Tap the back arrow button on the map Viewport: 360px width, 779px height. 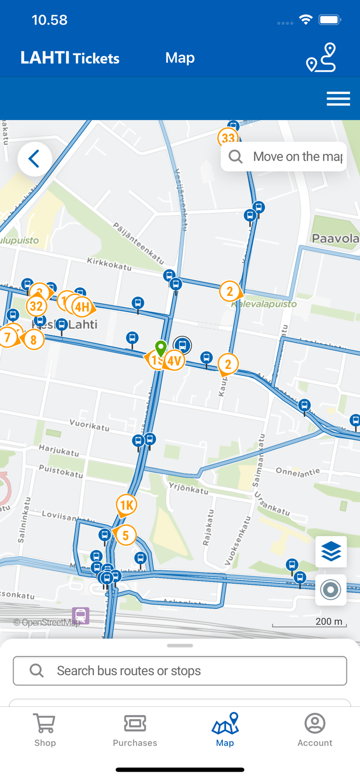35,159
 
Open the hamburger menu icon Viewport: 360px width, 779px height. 338,99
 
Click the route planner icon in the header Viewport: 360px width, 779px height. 321,58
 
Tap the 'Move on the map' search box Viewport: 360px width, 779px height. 284,157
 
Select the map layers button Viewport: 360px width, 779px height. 331,552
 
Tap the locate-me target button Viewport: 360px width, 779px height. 331,590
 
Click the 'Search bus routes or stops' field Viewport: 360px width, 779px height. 180,670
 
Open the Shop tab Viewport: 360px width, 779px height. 45,730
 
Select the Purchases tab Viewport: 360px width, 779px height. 135,730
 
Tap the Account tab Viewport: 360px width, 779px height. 315,730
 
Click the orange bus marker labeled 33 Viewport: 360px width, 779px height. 228,138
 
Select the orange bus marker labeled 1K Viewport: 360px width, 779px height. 126,505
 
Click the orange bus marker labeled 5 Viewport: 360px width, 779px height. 125,535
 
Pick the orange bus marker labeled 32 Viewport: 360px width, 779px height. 36,306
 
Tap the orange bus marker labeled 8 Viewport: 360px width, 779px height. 34,340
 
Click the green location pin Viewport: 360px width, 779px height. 161,347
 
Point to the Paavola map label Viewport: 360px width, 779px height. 336,238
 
